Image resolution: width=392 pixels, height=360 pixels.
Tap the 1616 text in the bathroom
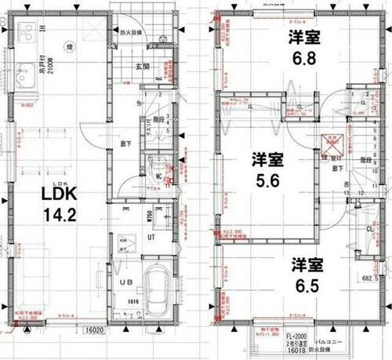133,300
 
